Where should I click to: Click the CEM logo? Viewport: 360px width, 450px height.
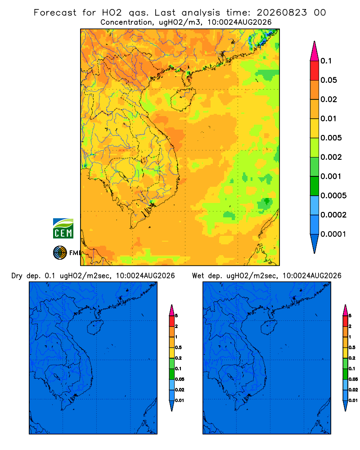pyautogui.click(x=63, y=229)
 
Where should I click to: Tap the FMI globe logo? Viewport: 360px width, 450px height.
pyautogui.click(x=60, y=253)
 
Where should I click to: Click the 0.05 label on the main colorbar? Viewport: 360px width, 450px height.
pyautogui.click(x=328, y=80)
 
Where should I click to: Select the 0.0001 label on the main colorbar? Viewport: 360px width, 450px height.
pyautogui.click(x=333, y=234)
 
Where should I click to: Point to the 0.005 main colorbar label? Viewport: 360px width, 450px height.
pyautogui.click(x=331, y=138)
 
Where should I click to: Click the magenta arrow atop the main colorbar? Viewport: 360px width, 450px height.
pyautogui.click(x=315, y=51)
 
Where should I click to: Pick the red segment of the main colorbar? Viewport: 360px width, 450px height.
pyautogui.click(x=315, y=71)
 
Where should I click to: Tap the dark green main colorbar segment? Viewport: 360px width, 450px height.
pyautogui.click(x=315, y=186)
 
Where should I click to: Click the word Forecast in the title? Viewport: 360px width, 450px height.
pyautogui.click(x=55, y=13)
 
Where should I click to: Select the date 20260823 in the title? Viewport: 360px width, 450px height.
pyautogui.click(x=282, y=13)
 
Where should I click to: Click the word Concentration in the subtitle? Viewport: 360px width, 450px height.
pyautogui.click(x=126, y=22)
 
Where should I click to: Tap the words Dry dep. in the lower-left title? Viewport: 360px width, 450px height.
pyautogui.click(x=26, y=276)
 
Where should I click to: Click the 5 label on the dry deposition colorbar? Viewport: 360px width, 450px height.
pyautogui.click(x=176, y=316)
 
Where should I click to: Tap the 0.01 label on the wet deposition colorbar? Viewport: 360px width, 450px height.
pyautogui.click(x=353, y=400)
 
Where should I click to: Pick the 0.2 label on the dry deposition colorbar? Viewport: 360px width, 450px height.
pyautogui.click(x=178, y=358)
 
